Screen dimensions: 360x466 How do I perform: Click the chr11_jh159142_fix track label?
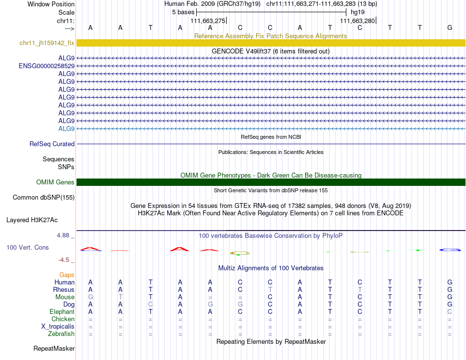coord(47,43)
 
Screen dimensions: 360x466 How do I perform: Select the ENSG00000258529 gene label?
coord(47,66)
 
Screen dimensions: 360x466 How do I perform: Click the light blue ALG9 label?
coord(66,129)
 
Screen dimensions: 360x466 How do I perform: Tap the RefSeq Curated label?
coord(52,144)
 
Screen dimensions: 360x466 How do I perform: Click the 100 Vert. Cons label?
coord(27,248)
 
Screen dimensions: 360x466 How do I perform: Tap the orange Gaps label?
coord(67,275)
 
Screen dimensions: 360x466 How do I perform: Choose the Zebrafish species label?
coord(61,334)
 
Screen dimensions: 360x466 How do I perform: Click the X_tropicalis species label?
coord(58,327)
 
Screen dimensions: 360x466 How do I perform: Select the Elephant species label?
coord(62,312)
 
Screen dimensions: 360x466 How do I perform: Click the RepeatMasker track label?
coord(54,349)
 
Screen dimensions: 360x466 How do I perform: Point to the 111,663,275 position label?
coord(208,21)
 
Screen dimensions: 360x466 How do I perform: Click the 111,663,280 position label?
coord(357,21)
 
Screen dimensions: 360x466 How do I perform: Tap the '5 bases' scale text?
coord(183,12)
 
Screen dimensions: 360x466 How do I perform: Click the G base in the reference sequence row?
coord(450,27)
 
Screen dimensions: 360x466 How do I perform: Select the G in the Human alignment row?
coord(450,283)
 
